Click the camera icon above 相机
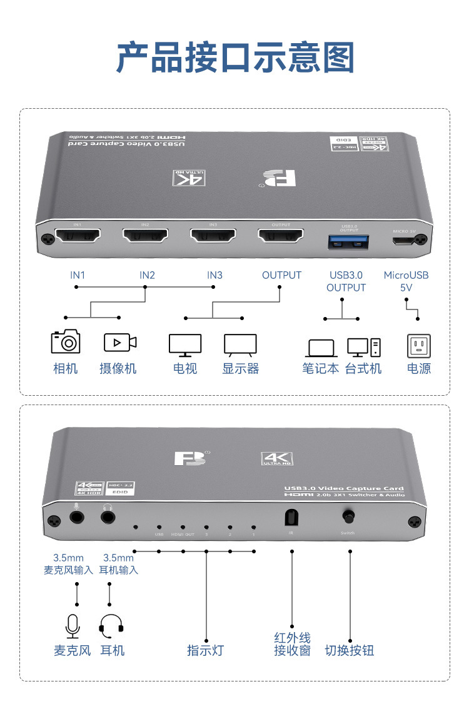coord(66,341)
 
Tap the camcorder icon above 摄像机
coord(119,342)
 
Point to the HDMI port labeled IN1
coord(78,236)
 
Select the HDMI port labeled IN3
coord(213,236)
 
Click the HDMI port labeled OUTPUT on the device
coord(280,236)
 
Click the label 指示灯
coord(205,650)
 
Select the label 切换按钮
coord(350,650)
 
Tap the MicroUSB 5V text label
coord(406,281)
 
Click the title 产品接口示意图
coord(235,58)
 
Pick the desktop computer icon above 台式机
coord(363,347)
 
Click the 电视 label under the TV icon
coord(185,368)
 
